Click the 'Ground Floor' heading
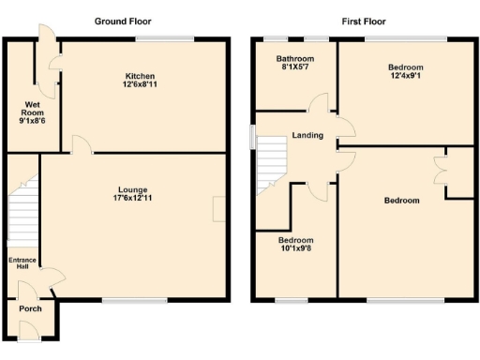pyautogui.click(x=123, y=21)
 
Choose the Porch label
pyautogui.click(x=30, y=308)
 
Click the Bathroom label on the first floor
pyautogui.click(x=294, y=59)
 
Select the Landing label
pyautogui.click(x=307, y=136)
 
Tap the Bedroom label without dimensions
pyautogui.click(x=401, y=201)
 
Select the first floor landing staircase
pyautogui.click(x=271, y=164)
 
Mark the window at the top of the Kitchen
pyautogui.click(x=165, y=38)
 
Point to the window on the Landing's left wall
pyautogui.click(x=251, y=136)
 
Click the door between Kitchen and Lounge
pyautogui.click(x=82, y=145)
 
